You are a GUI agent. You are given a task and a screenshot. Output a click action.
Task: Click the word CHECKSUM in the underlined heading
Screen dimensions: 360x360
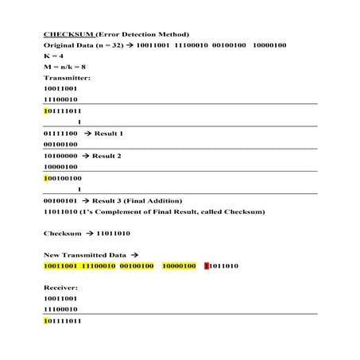[68, 34]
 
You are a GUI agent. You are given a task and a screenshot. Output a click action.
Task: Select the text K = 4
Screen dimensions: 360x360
[53, 56]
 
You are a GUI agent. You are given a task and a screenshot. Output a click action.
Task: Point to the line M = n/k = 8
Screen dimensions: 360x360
[64, 67]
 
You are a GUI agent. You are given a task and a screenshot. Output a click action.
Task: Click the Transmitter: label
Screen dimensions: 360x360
[67, 78]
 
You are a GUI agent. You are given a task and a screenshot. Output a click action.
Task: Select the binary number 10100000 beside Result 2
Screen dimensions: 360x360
[60, 156]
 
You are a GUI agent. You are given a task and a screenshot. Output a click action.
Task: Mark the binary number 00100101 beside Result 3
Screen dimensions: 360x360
[60, 200]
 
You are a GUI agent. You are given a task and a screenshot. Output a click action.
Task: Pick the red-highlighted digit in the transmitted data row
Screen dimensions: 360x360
[206, 266]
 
